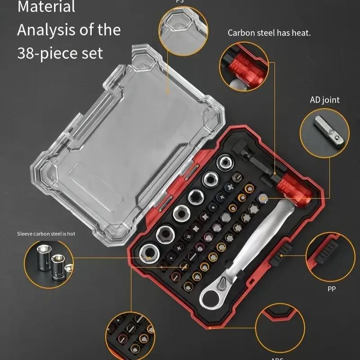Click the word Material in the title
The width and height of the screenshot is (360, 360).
click(x=46, y=7)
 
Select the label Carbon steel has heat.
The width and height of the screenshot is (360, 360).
click(x=269, y=33)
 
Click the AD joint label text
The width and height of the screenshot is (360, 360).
click(x=324, y=100)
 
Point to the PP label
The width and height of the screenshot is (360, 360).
click(x=332, y=288)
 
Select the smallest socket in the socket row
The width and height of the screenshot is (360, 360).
click(x=224, y=163)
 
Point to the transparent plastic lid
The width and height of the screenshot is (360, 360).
click(x=130, y=148)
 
